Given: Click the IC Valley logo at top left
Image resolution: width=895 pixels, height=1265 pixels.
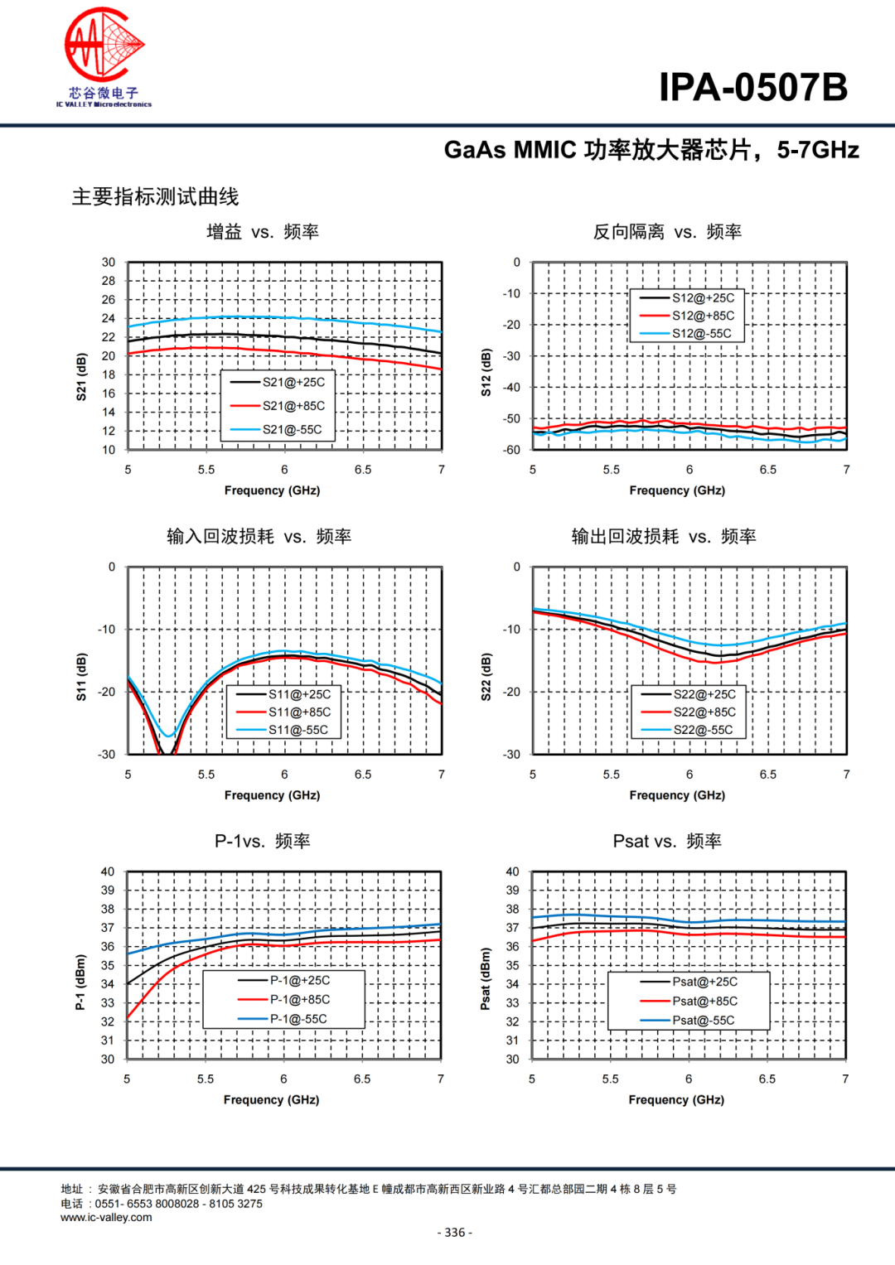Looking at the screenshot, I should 104,56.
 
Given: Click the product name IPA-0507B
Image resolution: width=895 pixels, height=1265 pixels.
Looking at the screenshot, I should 753,87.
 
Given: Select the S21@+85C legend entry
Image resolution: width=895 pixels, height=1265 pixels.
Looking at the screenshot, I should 293,406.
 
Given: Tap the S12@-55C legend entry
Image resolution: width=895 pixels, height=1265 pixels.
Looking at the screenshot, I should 701,334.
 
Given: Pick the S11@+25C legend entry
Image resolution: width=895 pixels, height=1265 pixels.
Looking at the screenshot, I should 298,694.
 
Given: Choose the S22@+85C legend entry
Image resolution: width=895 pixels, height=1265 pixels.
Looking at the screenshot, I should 704,712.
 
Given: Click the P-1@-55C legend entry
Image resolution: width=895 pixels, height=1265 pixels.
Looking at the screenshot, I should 298,1019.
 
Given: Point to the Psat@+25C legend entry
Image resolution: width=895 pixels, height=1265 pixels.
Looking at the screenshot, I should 704,982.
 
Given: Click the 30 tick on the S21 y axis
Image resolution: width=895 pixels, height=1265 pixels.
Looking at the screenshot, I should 109,263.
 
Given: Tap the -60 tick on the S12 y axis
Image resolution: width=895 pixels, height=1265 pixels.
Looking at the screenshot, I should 511,450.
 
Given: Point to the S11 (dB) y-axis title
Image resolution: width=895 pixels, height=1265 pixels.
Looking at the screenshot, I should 81,677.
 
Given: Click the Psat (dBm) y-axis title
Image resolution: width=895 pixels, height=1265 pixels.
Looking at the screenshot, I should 486,979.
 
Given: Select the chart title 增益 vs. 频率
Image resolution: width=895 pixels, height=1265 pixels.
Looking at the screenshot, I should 263,232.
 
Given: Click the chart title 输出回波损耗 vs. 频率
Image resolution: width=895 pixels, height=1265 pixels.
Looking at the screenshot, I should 664,537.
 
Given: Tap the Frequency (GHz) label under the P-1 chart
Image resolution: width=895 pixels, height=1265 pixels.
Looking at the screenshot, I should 271,1100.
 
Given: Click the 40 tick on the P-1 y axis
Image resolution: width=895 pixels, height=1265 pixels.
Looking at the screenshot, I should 108,871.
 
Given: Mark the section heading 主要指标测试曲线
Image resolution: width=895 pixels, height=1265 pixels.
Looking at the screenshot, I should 155,197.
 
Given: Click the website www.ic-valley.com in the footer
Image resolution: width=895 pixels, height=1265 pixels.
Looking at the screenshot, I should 106,1218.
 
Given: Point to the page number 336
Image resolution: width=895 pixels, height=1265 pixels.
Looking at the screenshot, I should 454,1233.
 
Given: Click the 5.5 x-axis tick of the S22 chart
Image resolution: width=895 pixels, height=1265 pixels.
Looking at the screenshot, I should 611,775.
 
